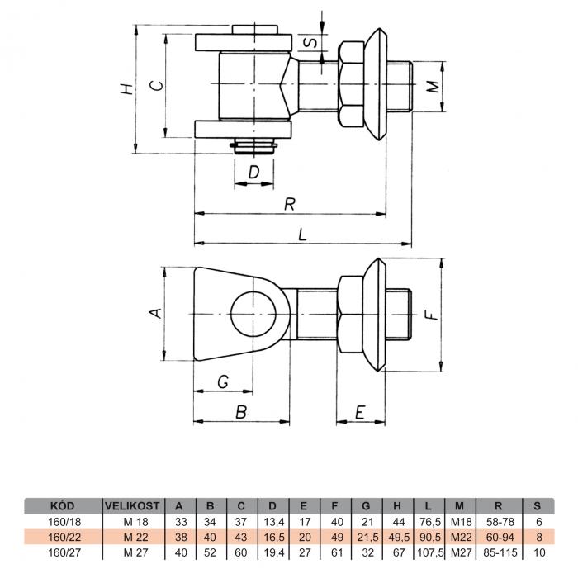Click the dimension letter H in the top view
pyautogui.click(x=127, y=89)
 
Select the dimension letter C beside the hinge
pyautogui.click(x=157, y=86)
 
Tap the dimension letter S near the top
pyautogui.click(x=310, y=42)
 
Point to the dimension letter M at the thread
pyautogui.click(x=433, y=87)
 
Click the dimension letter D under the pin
pyautogui.click(x=254, y=172)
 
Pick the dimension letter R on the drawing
pyautogui.click(x=290, y=204)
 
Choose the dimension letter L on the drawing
pyautogui.click(x=302, y=235)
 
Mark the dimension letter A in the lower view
pyautogui.click(x=155, y=313)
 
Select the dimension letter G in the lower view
pyautogui.click(x=223, y=381)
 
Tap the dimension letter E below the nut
pyautogui.click(x=360, y=412)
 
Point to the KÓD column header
pyautogui.click(x=62, y=505)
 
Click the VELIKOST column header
pyautogui.click(x=132, y=505)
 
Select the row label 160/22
pyautogui.click(x=64, y=537)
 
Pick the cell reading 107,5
pyautogui.click(x=429, y=552)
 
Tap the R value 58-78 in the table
pyautogui.click(x=500, y=522)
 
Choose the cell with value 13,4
pyautogui.click(x=272, y=522)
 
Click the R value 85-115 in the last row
pyautogui.click(x=500, y=552)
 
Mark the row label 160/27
pyautogui.click(x=64, y=552)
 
